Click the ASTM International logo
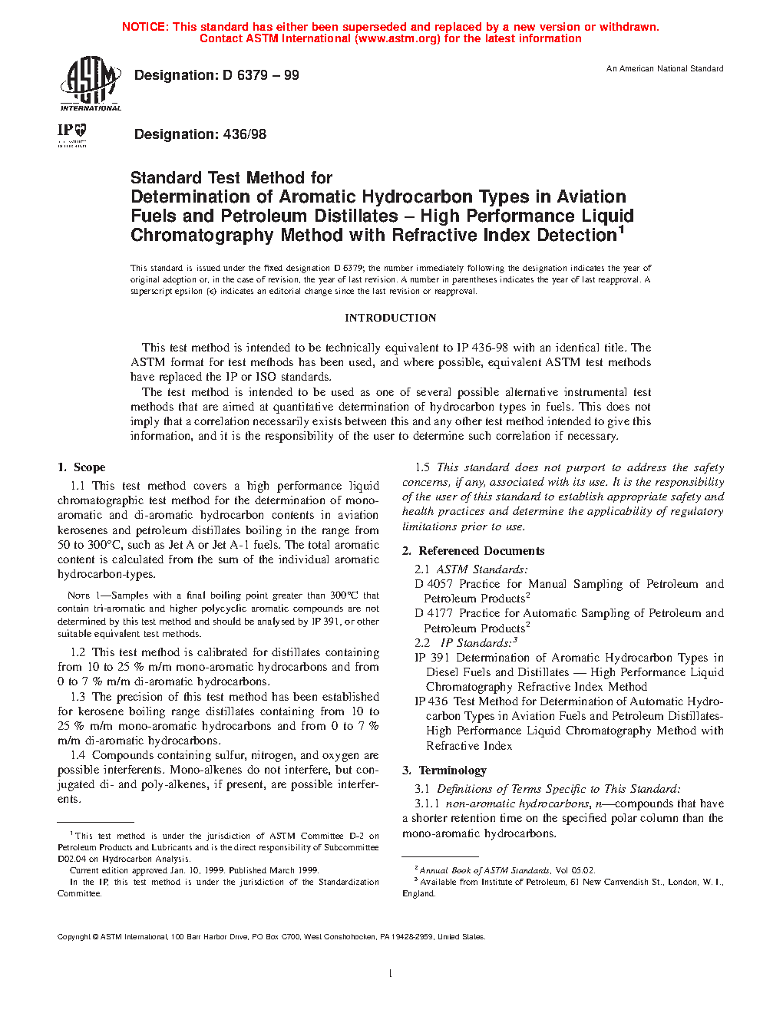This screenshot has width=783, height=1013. [x=90, y=84]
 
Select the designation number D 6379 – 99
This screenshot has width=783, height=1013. [x=261, y=75]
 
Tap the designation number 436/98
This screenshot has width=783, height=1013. [x=244, y=134]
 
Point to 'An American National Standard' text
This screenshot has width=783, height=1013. [x=665, y=69]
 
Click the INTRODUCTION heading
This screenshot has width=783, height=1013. [x=390, y=318]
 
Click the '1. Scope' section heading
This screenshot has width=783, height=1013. [x=81, y=467]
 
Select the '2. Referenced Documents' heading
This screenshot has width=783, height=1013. [x=474, y=551]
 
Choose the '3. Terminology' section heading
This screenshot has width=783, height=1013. [x=444, y=770]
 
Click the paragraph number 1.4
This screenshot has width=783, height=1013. [x=78, y=755]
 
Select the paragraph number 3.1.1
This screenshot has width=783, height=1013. [x=427, y=803]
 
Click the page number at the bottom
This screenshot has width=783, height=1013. [x=391, y=974]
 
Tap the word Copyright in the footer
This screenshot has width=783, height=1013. [x=74, y=937]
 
